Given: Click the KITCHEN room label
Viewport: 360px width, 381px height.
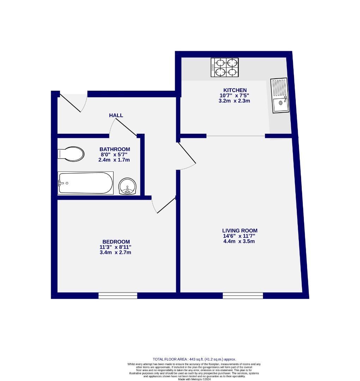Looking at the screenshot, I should [235, 90].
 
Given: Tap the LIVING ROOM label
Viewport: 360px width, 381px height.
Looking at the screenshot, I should [240, 231].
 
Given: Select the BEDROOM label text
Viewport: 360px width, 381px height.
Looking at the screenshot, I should [115, 242].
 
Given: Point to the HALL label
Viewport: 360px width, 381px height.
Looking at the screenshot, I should [116, 115].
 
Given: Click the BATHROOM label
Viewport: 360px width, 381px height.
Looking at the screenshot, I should [114, 149].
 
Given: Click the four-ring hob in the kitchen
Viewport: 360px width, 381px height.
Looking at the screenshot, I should [224, 67].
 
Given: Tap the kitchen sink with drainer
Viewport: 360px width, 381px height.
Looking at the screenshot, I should [280, 95].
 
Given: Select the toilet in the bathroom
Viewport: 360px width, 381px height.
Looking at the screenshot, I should [71, 154].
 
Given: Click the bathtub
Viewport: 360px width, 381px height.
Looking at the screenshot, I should [85, 183].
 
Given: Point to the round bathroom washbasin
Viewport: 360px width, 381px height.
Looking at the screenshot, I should [128, 186].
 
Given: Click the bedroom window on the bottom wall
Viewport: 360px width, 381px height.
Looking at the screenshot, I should [118, 296].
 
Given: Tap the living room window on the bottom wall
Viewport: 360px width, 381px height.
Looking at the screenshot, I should [243, 296].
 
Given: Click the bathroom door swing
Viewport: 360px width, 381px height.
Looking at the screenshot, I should [124, 128].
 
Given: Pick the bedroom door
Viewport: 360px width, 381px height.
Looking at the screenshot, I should [165, 205].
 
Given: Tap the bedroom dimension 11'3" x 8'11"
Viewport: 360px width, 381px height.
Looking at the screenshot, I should [115, 247].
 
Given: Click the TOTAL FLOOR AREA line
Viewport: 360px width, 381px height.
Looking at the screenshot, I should [194, 359].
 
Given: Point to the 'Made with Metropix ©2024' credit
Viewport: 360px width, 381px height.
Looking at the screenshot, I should [194, 379].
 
